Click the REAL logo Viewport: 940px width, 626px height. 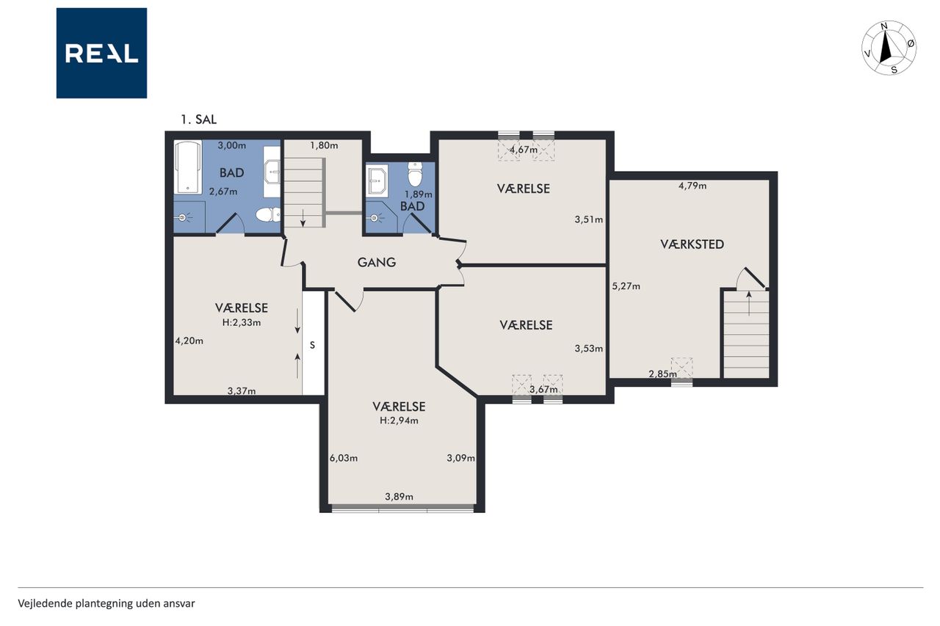click(x=101, y=54)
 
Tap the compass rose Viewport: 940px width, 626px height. click(x=889, y=48)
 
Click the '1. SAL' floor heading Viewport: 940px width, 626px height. click(x=198, y=120)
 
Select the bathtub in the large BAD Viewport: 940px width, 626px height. click(x=188, y=168)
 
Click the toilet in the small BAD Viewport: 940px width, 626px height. click(x=415, y=175)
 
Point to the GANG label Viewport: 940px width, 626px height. click(x=377, y=263)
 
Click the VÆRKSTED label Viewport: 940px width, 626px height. click(x=692, y=244)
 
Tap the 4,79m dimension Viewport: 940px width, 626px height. click(x=693, y=186)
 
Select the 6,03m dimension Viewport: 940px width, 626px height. click(x=344, y=458)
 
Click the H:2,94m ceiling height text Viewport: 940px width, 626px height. click(x=399, y=421)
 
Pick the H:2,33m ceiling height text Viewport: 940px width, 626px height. click(x=242, y=322)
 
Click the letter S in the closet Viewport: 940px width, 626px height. click(x=312, y=345)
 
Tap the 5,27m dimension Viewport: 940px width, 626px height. click(x=626, y=286)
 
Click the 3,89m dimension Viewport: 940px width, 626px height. click(x=399, y=497)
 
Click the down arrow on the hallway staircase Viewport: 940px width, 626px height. click(x=303, y=217)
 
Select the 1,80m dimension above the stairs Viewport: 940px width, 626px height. click(x=324, y=145)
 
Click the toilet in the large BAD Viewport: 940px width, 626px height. click(x=268, y=215)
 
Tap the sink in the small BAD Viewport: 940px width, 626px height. click(x=377, y=180)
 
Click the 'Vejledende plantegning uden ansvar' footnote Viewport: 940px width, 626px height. click(x=106, y=603)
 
